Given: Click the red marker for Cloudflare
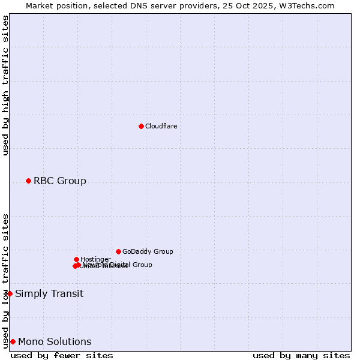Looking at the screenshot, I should [x=141, y=126].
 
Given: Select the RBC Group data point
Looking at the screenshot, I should [x=28, y=181].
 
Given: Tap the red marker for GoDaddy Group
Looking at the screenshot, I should [x=118, y=251].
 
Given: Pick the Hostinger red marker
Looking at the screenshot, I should [x=76, y=259].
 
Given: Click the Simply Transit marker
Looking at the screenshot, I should [x=10, y=293].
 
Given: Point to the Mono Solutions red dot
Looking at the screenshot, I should [x=13, y=341].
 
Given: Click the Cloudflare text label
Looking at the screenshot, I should [x=161, y=126].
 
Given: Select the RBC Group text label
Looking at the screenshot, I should [x=60, y=181].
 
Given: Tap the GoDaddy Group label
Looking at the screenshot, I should [x=148, y=251].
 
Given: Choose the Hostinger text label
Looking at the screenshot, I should [x=95, y=259].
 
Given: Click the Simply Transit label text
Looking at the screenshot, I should [x=49, y=293].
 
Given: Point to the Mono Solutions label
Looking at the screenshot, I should [x=55, y=341].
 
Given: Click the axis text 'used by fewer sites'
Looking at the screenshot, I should [x=62, y=355].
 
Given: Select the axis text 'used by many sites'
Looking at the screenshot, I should [x=301, y=355].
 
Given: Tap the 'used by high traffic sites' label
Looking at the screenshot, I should [x=5, y=86].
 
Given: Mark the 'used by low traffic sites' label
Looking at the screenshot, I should [x=5, y=280].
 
